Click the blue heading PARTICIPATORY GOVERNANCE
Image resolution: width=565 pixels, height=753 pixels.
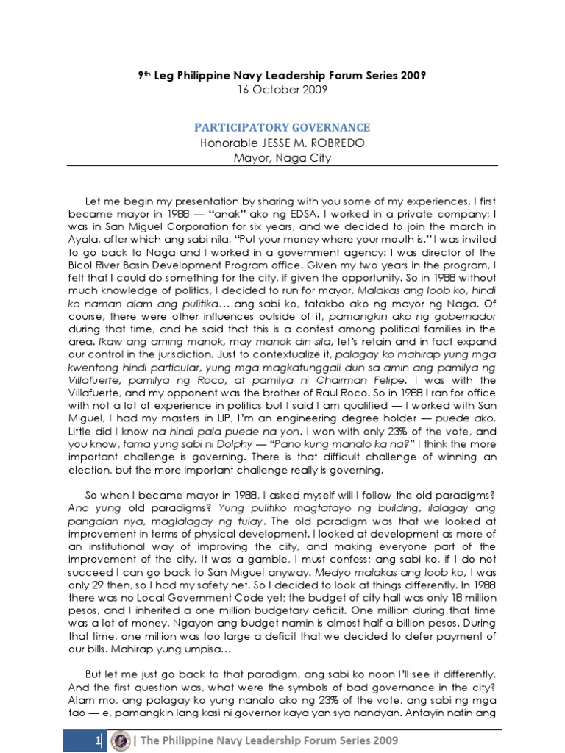click(x=282, y=126)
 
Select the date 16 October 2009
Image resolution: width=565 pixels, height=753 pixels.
click(x=282, y=89)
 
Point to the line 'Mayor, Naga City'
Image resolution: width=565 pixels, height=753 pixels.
click(x=282, y=157)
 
